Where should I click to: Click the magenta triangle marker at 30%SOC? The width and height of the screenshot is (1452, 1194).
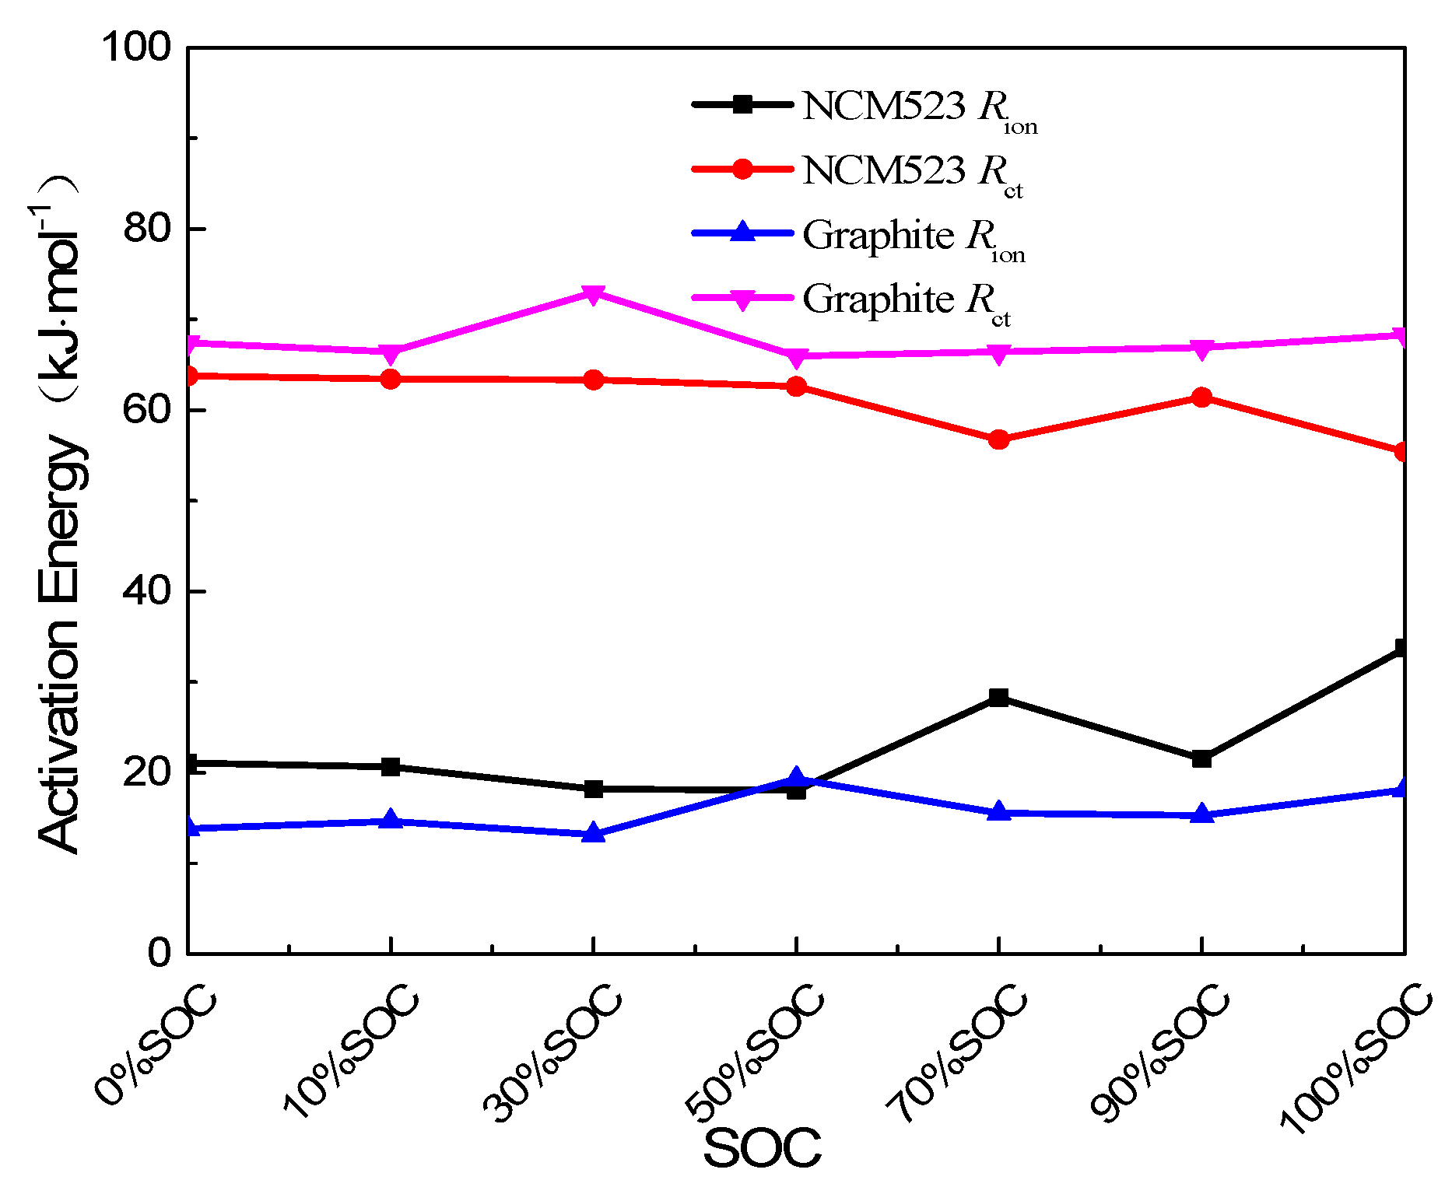(x=594, y=294)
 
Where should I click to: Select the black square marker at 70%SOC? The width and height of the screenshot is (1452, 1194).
(x=999, y=697)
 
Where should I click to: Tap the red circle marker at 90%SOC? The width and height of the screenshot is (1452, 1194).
(x=1201, y=397)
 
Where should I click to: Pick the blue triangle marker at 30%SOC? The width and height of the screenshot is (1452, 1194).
(x=594, y=833)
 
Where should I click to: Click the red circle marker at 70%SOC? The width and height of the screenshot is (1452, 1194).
(x=999, y=439)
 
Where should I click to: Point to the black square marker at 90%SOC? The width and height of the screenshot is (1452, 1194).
(x=1201, y=758)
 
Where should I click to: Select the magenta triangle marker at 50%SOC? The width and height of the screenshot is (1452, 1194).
(x=796, y=357)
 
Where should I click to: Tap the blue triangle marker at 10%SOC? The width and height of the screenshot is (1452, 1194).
(x=391, y=820)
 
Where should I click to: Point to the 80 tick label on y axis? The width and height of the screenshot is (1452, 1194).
(x=146, y=229)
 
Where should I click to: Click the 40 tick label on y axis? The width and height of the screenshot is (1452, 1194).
(x=146, y=591)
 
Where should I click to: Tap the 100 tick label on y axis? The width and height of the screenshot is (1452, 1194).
(x=136, y=47)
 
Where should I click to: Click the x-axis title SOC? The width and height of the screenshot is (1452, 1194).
(x=762, y=1148)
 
